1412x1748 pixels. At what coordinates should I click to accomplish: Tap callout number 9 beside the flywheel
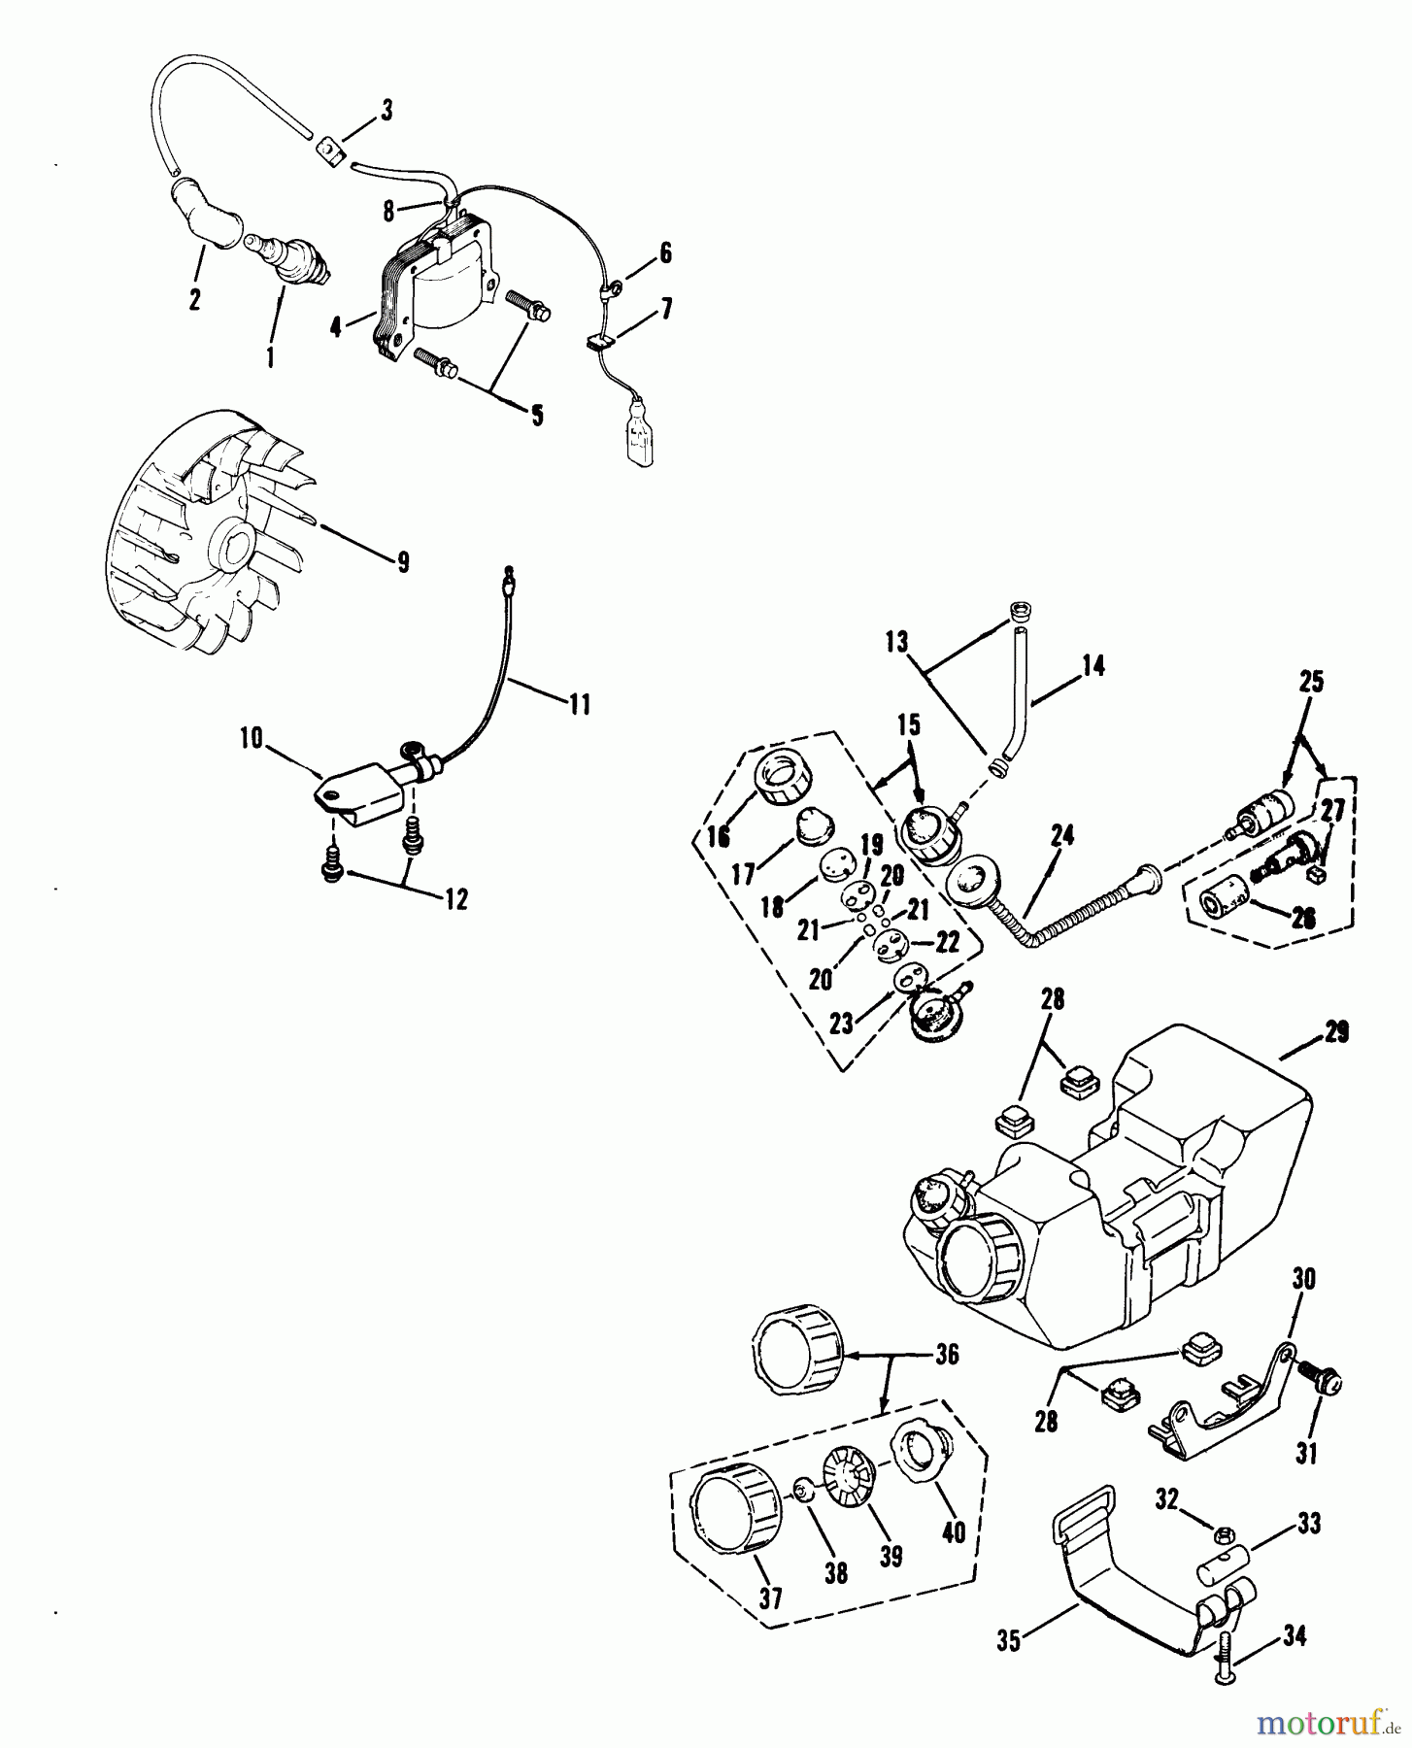402,561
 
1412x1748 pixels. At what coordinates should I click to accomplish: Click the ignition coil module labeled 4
437,291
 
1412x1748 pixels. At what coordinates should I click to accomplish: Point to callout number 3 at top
386,111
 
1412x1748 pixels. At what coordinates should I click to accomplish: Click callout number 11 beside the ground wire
579,703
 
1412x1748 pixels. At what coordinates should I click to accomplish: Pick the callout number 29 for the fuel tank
1336,1033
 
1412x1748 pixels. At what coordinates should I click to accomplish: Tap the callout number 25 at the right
1311,683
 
